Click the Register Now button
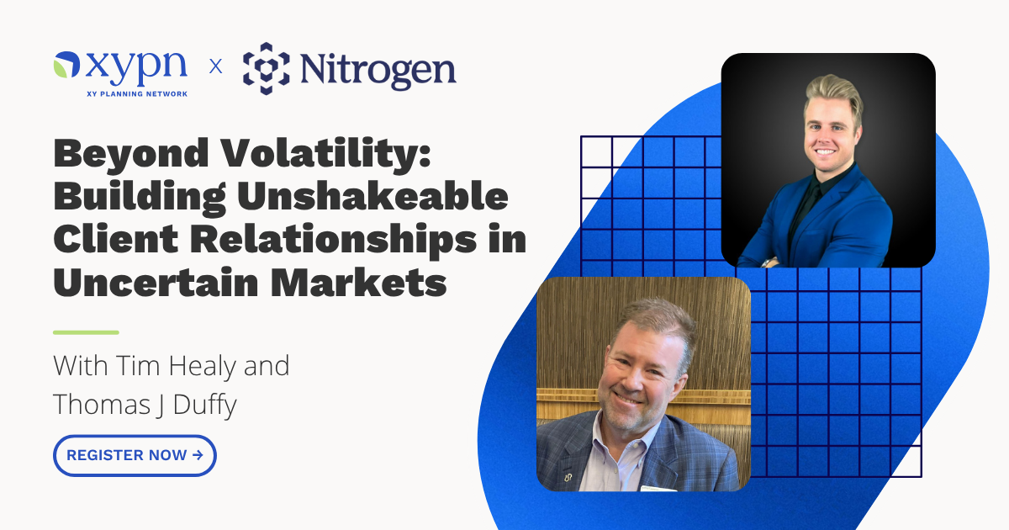tap(135, 455)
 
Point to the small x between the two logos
tap(216, 66)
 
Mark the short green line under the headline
tap(86, 332)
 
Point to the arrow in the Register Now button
tap(198, 455)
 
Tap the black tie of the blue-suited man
tap(806, 210)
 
